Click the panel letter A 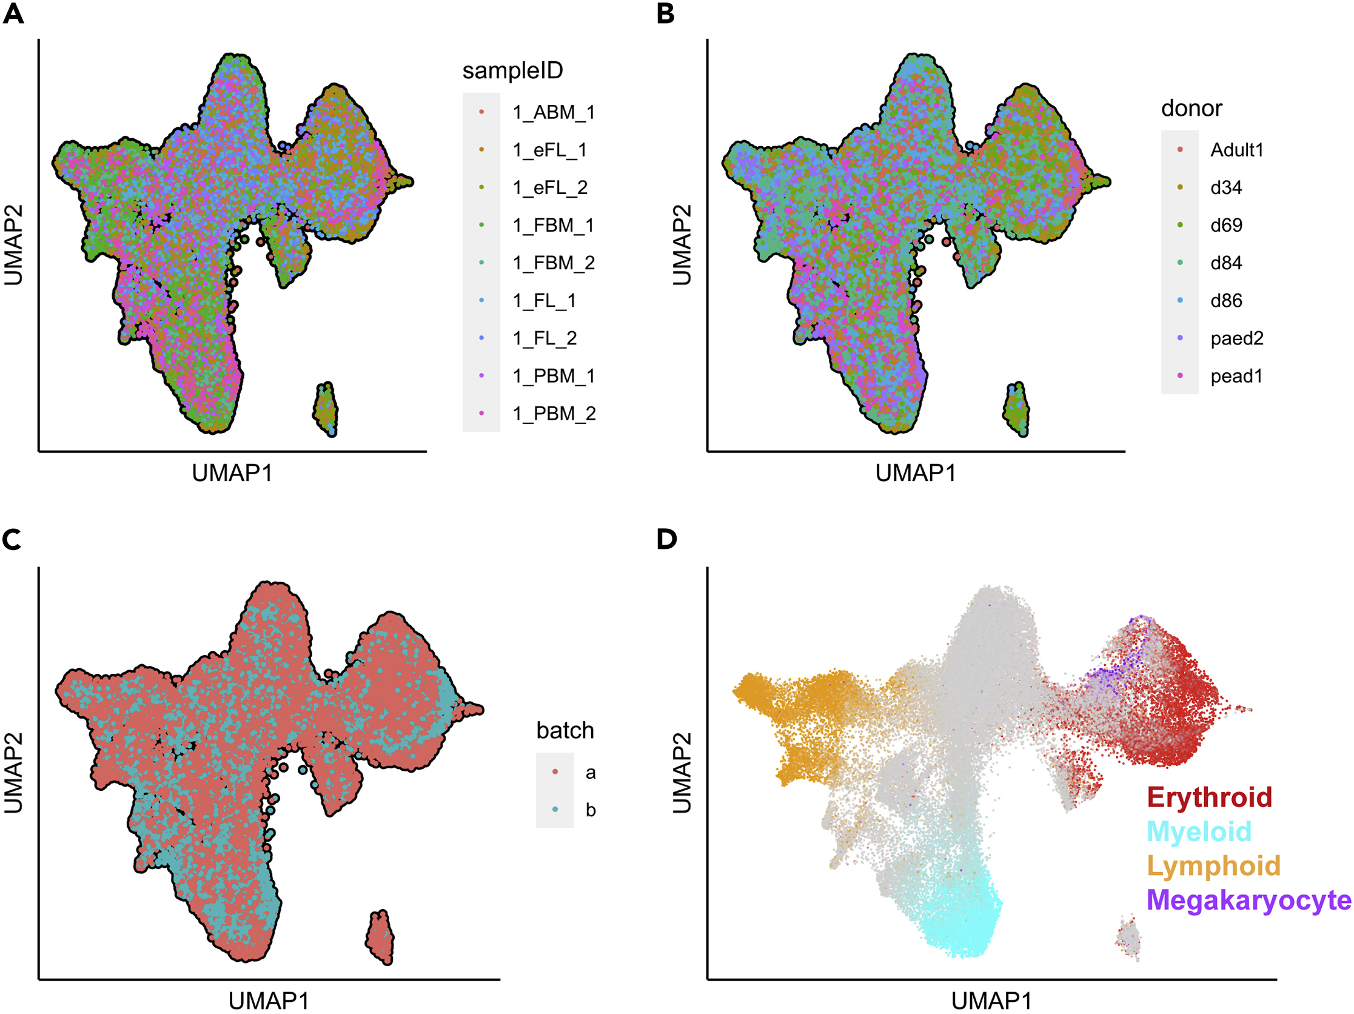13,13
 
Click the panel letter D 666,540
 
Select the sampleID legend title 512,70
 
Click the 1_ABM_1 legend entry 554,112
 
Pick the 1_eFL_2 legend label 550,187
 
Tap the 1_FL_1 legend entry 544,301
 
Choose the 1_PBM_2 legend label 554,414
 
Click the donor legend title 1191,109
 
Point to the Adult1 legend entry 1236,150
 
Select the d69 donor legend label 1226,226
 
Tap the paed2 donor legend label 1236,338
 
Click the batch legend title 565,731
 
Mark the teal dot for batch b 555,810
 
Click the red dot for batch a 555,771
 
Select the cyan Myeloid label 1199,831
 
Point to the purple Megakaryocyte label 1248,900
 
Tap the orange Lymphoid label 1213,866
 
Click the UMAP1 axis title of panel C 269,1001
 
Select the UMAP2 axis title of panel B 682,245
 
